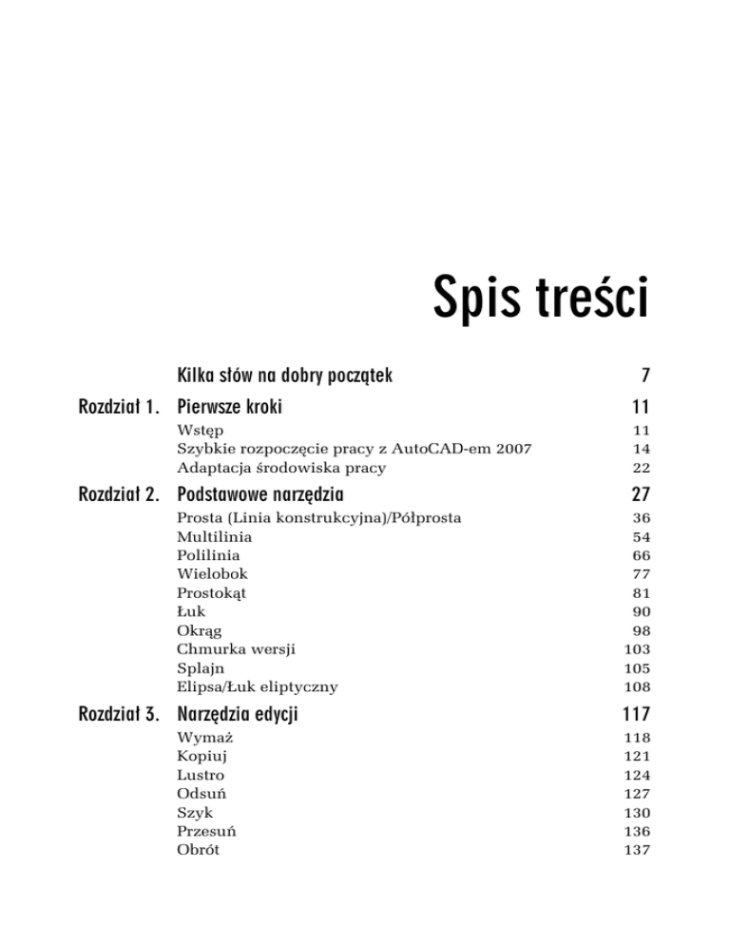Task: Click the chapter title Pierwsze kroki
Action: point(230,408)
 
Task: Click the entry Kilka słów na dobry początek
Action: point(285,376)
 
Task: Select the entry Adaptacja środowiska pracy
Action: point(281,468)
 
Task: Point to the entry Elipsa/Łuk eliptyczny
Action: point(257,685)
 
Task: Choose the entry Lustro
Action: point(201,775)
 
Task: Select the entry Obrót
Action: point(198,849)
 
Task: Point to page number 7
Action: point(644,376)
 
